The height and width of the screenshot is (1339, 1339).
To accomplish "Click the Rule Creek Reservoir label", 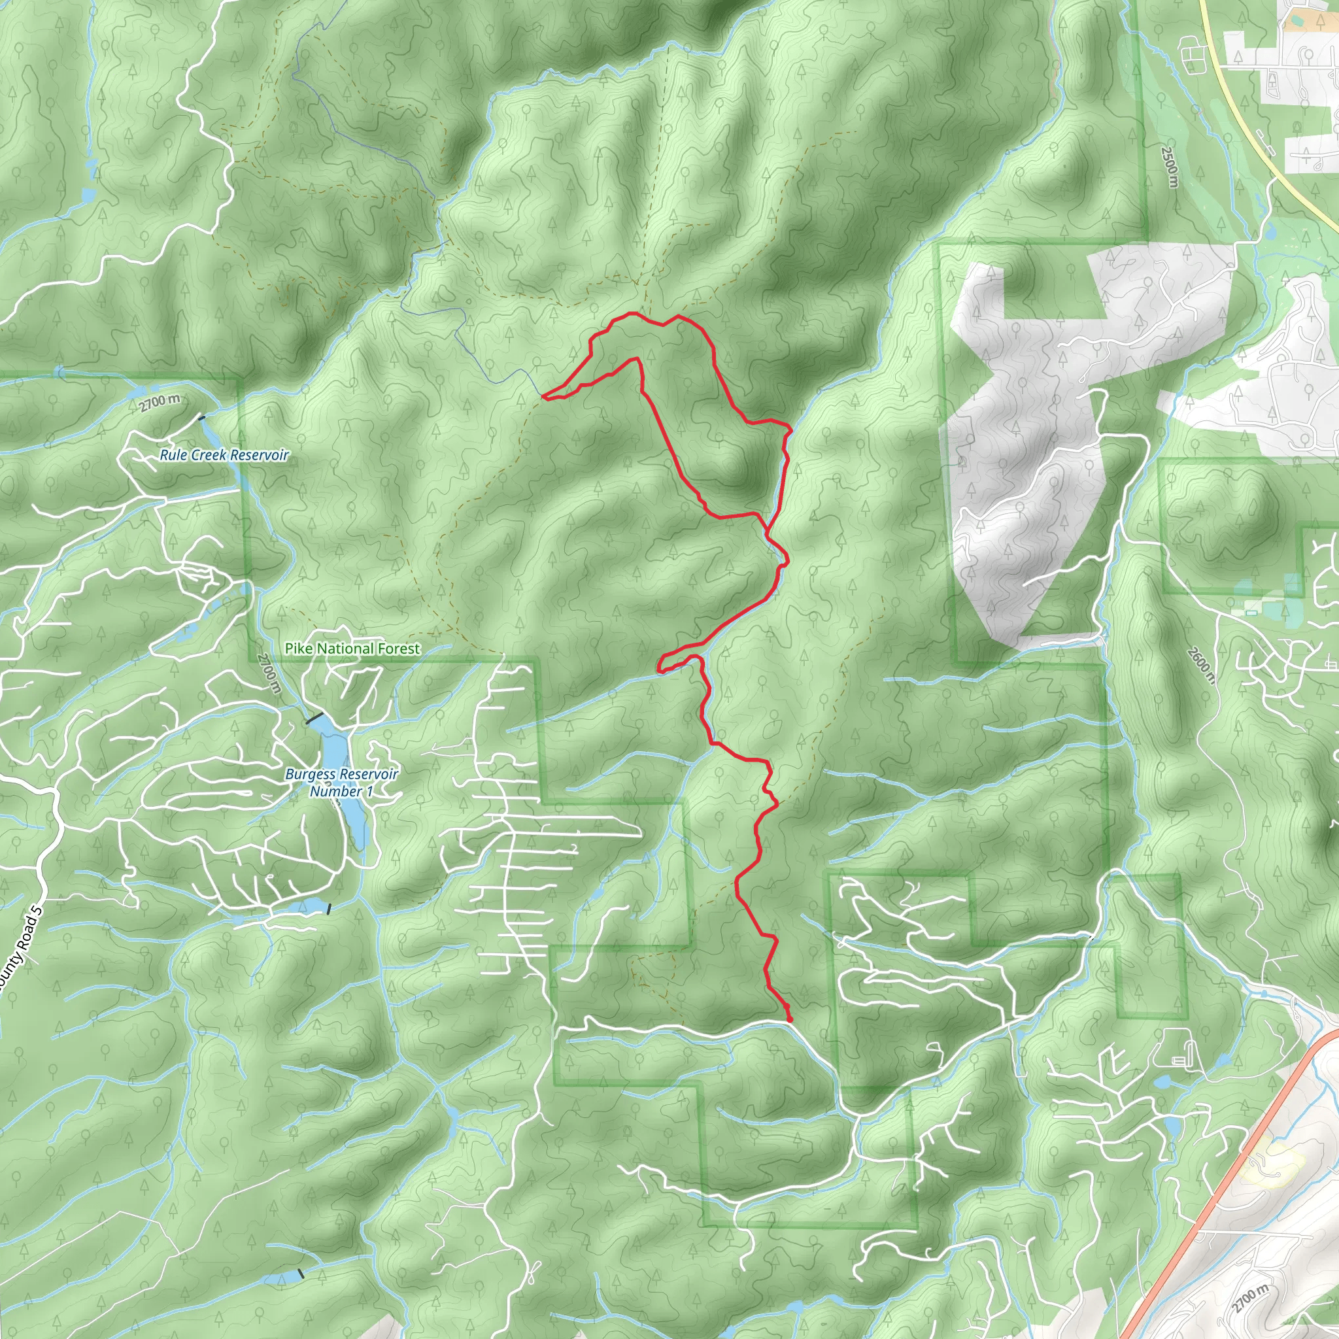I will pos(224,455).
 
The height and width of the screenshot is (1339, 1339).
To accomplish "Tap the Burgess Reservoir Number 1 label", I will pos(342,783).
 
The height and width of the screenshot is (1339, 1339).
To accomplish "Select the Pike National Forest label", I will pos(352,649).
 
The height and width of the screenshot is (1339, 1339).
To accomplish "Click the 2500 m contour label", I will pos(1169,165).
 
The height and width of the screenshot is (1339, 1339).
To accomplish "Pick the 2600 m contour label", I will pos(1200,664).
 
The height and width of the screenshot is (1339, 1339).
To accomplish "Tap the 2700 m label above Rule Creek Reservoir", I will pos(160,402).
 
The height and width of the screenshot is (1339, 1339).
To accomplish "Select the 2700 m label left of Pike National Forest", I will pos(269,671).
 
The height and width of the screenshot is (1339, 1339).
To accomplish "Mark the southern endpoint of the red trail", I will pos(791,1019).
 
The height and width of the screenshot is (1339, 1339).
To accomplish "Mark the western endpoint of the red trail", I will pos(544,396).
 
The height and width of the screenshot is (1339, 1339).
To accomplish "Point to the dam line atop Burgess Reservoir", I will pos(314,718).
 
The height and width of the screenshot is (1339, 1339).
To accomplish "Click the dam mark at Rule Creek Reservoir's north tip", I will pos(201,418).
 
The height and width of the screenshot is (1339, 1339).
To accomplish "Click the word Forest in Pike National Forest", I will pos(399,649).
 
